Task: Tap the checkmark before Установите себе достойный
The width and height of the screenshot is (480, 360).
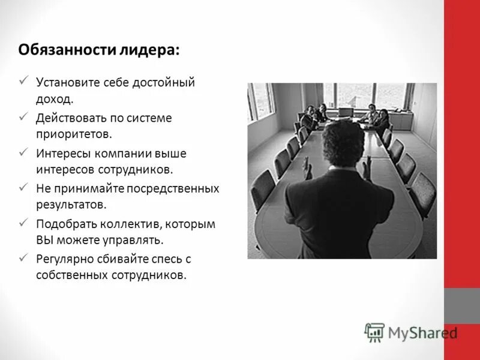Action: (x=23, y=80)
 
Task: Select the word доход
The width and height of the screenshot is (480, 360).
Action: (x=55, y=98)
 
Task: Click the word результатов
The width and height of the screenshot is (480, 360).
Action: (x=71, y=205)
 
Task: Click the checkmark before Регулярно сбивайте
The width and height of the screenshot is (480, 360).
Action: (x=23, y=257)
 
